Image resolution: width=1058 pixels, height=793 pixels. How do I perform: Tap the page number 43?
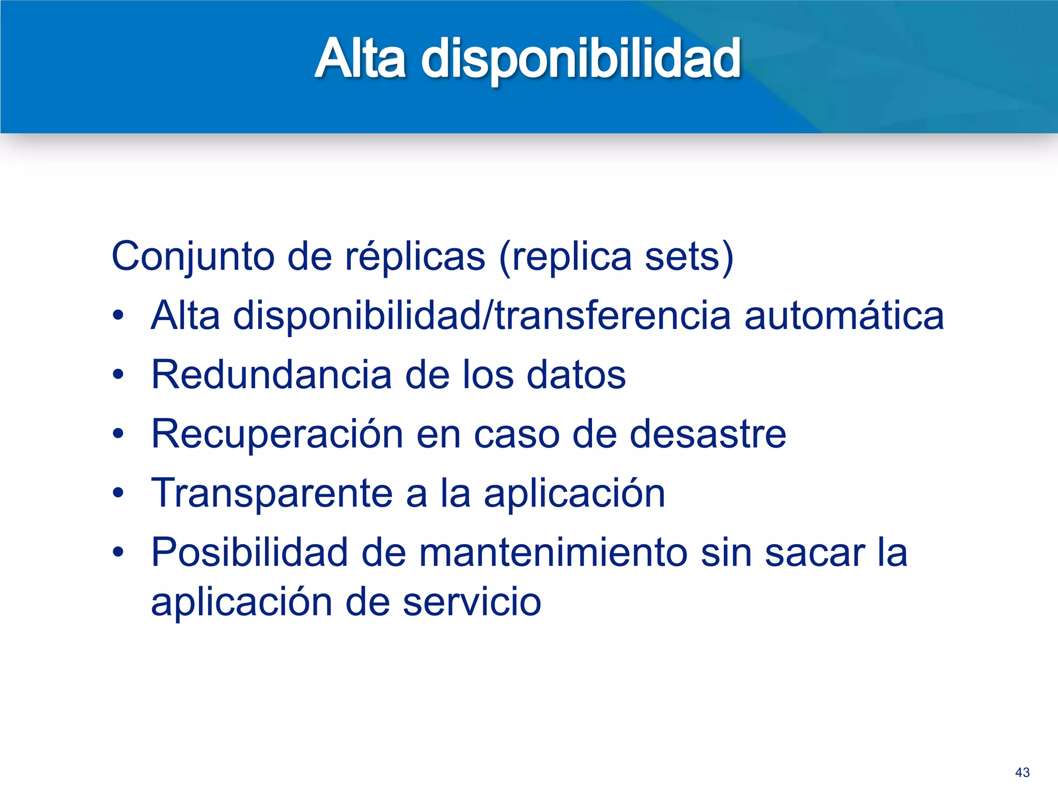click(1022, 772)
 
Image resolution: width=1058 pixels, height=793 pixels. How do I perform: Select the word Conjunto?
click(193, 257)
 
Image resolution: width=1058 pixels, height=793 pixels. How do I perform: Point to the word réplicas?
click(415, 257)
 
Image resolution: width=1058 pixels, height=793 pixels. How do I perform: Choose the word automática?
click(844, 315)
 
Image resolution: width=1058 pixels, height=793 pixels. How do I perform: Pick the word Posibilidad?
click(250, 552)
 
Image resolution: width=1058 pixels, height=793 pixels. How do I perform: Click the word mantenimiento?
click(553, 552)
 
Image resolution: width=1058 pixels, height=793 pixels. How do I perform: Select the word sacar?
click(815, 552)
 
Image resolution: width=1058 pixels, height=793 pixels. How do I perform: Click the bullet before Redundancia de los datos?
click(118, 374)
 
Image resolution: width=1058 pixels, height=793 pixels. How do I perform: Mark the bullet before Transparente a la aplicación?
click(118, 493)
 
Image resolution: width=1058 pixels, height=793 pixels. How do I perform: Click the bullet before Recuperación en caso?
click(118, 434)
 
